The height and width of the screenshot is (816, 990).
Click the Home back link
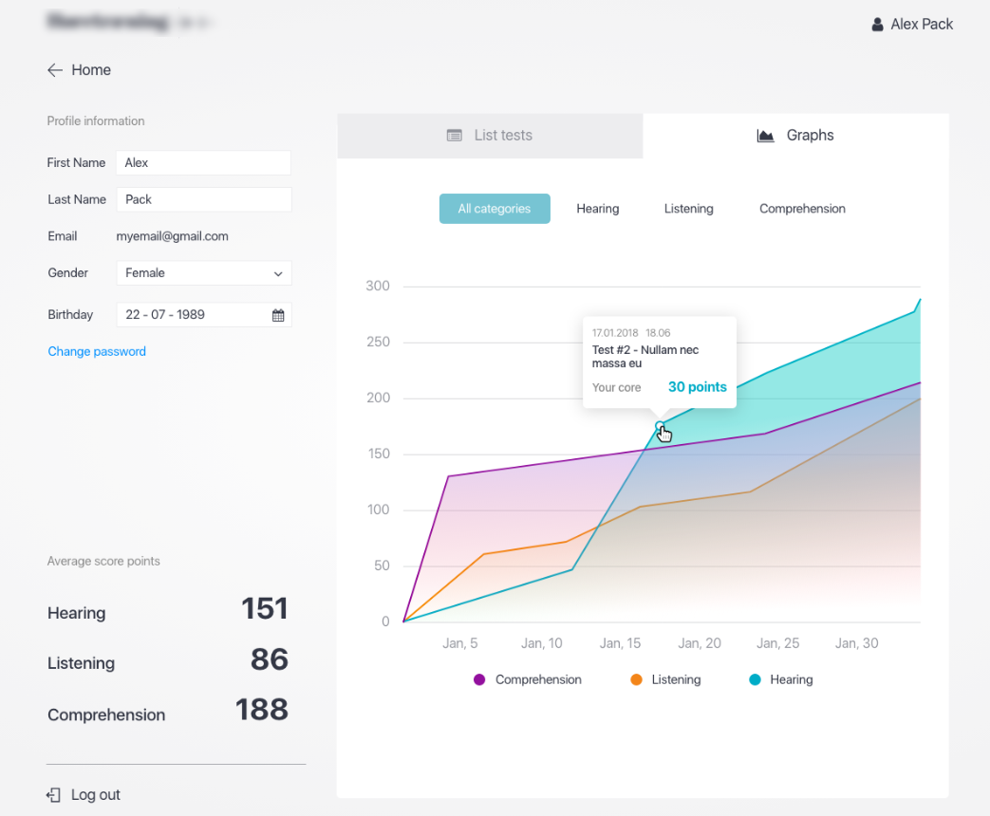[x=80, y=70]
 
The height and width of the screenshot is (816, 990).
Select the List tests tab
[x=490, y=136]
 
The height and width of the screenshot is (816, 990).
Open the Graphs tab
[x=795, y=136]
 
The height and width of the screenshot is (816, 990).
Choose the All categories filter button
[x=495, y=209]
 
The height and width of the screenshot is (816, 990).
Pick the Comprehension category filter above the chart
[x=802, y=209]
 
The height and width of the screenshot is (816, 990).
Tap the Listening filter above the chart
[x=688, y=209]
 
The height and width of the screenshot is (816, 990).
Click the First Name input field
[x=203, y=163]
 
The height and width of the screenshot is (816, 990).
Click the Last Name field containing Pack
[x=203, y=200]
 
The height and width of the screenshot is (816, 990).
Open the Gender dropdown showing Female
[x=203, y=273]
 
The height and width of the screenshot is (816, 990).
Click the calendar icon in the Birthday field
[x=278, y=315]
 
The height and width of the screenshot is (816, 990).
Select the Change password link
[x=97, y=352]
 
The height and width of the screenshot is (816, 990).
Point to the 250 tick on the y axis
[x=378, y=343]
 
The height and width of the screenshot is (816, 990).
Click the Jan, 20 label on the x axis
[x=700, y=643]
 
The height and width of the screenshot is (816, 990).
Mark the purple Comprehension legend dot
[x=479, y=680]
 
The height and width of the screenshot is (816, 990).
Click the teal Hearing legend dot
[x=756, y=680]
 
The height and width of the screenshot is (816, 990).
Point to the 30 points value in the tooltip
[x=697, y=387]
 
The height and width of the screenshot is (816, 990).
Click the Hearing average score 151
[x=264, y=609]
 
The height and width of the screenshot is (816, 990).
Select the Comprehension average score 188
[x=261, y=710]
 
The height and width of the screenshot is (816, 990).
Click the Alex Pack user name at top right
[x=921, y=25]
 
